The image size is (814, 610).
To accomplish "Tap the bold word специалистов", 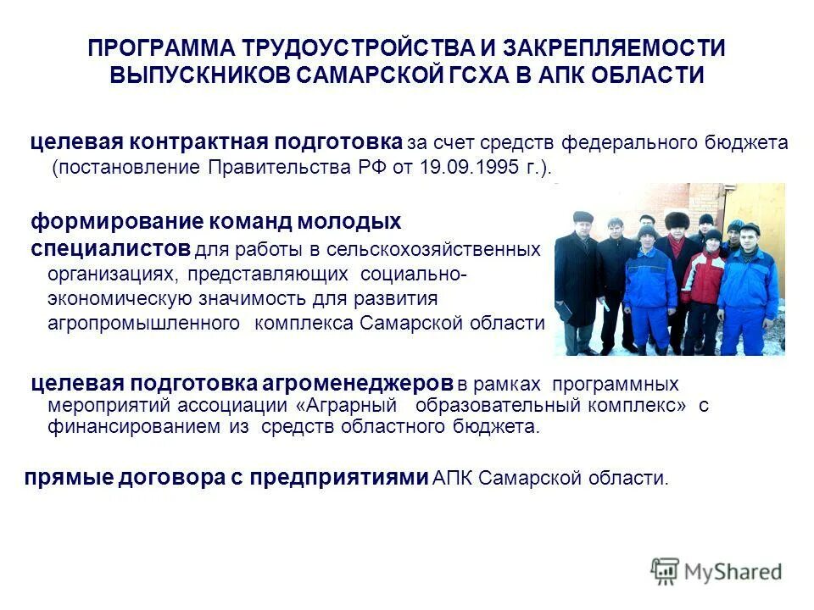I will click(x=110, y=249).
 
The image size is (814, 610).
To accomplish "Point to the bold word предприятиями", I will click(x=343, y=478).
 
